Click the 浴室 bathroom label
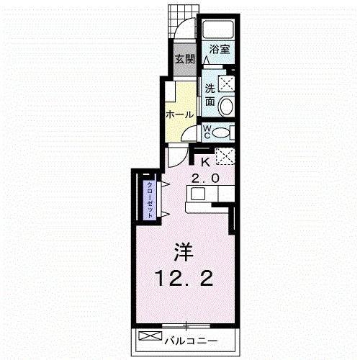point(220,49)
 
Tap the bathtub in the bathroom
point(218,30)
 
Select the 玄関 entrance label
point(184,59)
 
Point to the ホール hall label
point(180,114)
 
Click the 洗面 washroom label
point(210,95)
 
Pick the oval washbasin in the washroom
point(226,107)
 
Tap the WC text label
point(207,132)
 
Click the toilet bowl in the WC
point(220,132)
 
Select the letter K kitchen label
point(205,163)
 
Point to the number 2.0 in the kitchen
point(205,179)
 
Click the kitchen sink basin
point(198,194)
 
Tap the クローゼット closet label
point(150,199)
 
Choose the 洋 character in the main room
point(184,252)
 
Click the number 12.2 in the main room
point(185,278)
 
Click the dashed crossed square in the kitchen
point(225,156)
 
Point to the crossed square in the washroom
point(227,84)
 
